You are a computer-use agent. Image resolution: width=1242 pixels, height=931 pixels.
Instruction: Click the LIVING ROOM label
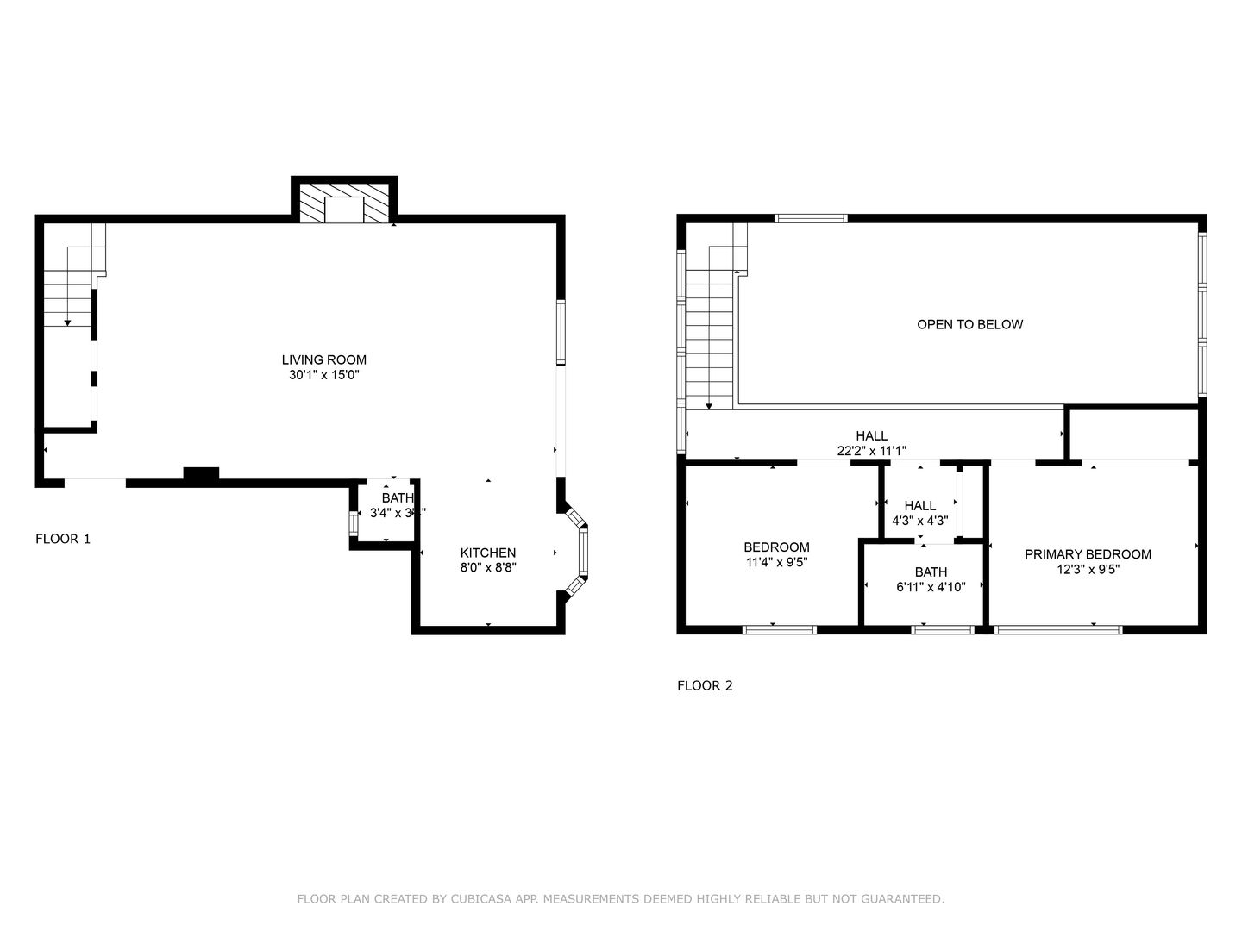pyautogui.click(x=323, y=359)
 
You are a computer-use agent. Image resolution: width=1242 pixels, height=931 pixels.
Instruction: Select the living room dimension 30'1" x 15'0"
pyautogui.click(x=323, y=376)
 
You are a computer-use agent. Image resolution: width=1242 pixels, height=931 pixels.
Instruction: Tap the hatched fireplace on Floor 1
pyautogui.click(x=344, y=203)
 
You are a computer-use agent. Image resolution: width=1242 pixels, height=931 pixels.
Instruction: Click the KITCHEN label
pyautogui.click(x=488, y=553)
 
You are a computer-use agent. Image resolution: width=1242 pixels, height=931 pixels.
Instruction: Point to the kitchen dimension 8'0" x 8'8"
pyautogui.click(x=488, y=568)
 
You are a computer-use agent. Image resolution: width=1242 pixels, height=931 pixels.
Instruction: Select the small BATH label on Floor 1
pyautogui.click(x=398, y=497)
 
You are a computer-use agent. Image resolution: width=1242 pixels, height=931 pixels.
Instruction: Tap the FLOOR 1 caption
pyautogui.click(x=63, y=539)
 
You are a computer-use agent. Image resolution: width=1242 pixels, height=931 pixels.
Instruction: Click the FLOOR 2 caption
pyautogui.click(x=705, y=686)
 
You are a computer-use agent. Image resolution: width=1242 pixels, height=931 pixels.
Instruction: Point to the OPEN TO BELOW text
pyautogui.click(x=969, y=324)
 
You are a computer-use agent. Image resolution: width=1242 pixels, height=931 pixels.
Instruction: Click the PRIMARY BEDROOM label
pyautogui.click(x=1088, y=554)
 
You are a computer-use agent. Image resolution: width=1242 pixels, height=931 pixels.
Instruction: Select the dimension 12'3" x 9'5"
pyautogui.click(x=1088, y=569)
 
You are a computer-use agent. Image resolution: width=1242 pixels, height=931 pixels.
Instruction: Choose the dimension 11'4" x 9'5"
pyautogui.click(x=776, y=562)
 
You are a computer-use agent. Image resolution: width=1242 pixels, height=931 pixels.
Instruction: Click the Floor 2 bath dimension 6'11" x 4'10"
pyautogui.click(x=931, y=587)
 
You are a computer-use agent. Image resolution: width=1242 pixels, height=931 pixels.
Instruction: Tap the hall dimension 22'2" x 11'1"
pyautogui.click(x=871, y=451)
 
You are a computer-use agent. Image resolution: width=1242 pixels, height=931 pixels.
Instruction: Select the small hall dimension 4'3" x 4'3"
pyautogui.click(x=919, y=521)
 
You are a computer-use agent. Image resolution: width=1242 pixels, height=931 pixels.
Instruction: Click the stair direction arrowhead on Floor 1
pyautogui.click(x=67, y=322)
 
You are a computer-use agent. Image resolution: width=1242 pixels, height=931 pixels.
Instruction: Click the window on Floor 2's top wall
pyautogui.click(x=811, y=218)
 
